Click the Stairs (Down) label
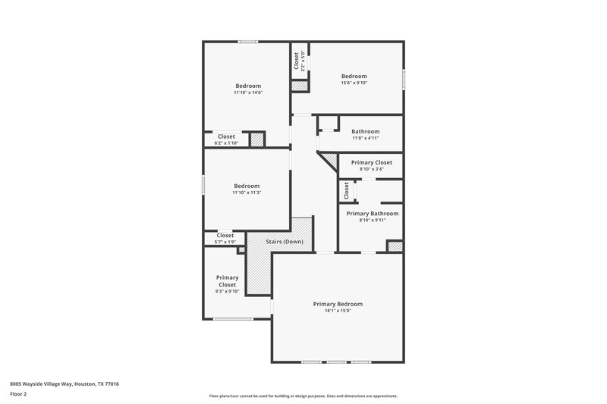(x=285, y=242)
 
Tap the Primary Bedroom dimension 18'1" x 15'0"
(x=338, y=311)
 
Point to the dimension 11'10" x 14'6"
(x=247, y=92)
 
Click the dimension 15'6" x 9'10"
(x=354, y=83)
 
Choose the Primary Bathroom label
(x=373, y=214)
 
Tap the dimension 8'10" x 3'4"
(x=371, y=169)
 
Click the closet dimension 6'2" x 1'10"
(x=226, y=142)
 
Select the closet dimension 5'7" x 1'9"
(x=225, y=242)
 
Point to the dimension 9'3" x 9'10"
(x=227, y=291)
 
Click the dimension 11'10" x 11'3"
(x=247, y=193)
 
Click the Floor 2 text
(x=19, y=394)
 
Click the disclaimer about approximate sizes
(x=303, y=396)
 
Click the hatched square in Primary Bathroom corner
(x=395, y=246)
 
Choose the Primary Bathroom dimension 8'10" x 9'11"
(x=373, y=221)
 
